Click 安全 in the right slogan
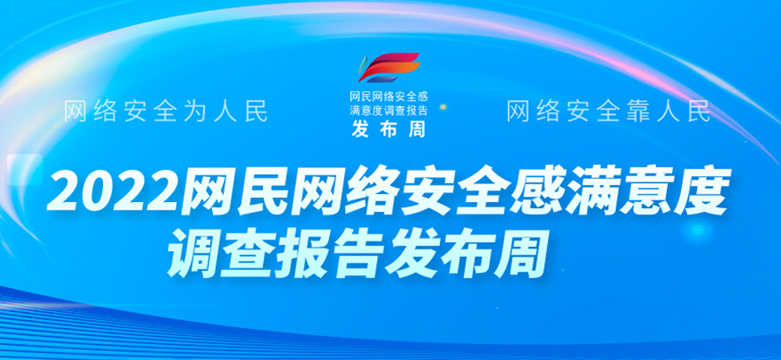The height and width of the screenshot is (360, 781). coord(581,112)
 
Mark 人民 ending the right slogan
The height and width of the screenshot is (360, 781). coord(683,112)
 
